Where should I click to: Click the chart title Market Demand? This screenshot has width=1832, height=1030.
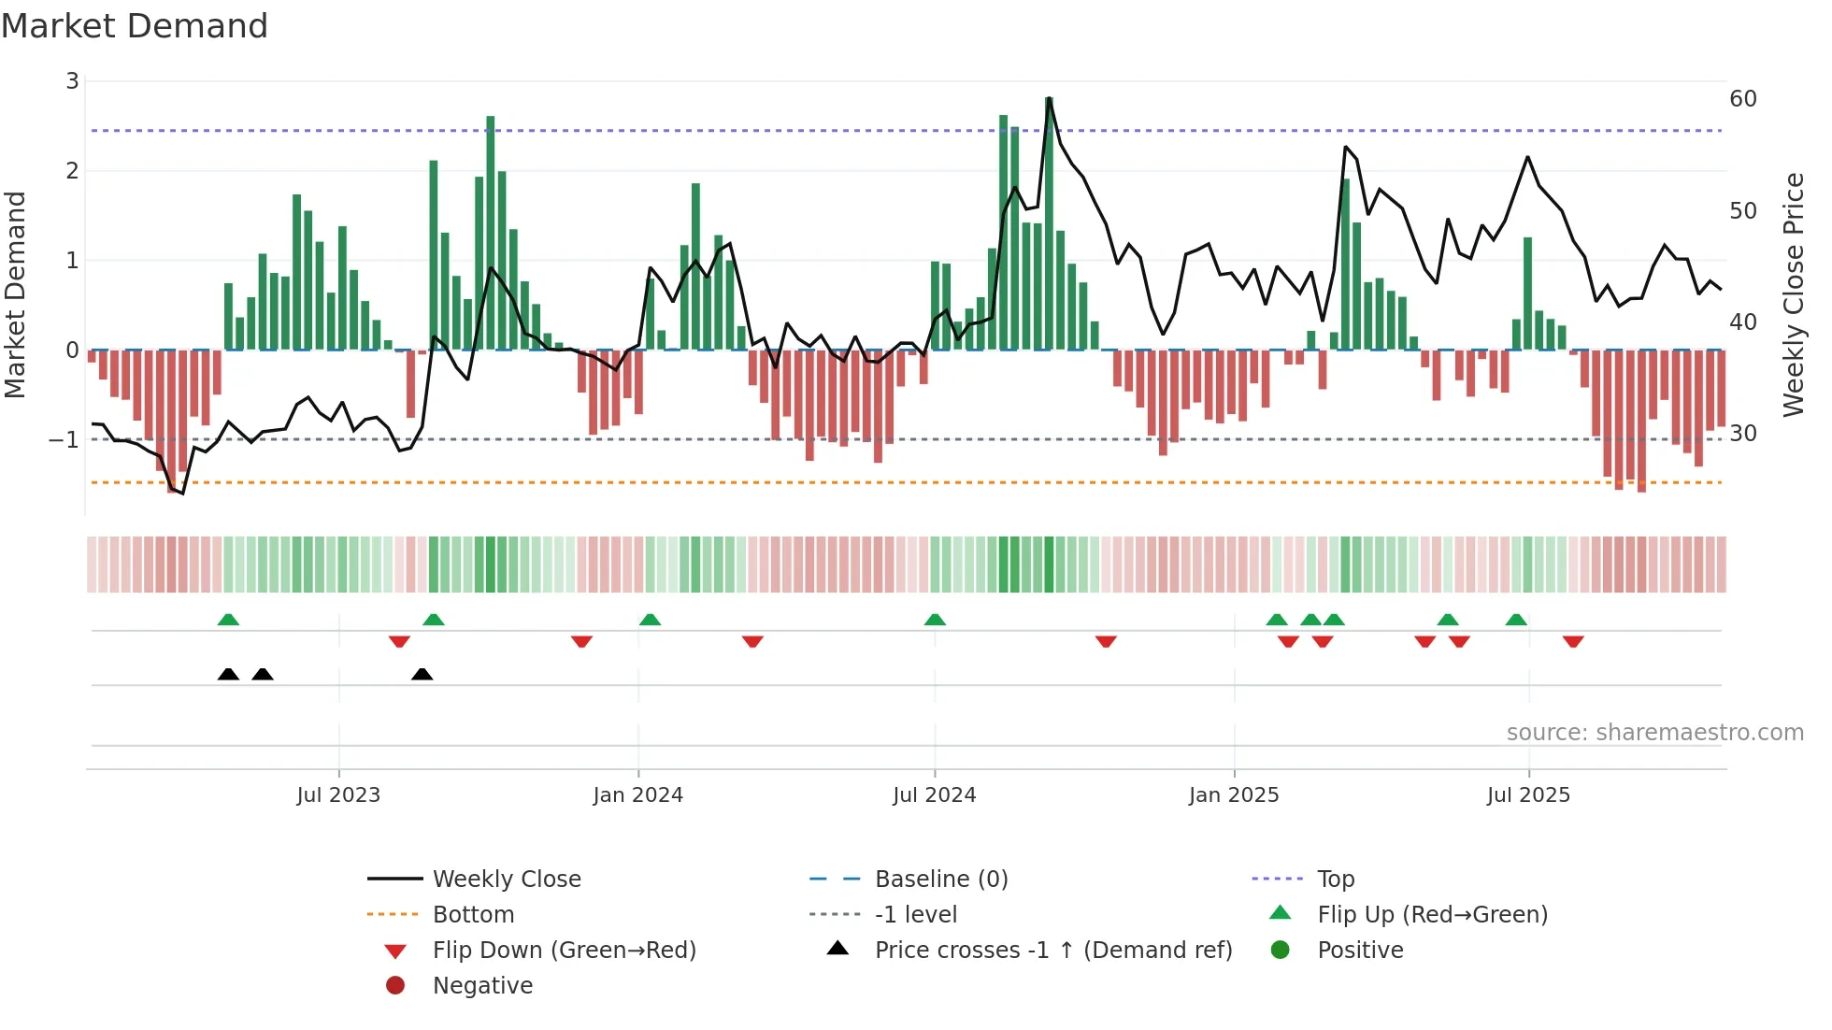(135, 26)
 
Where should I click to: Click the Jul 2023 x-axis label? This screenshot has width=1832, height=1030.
(338, 795)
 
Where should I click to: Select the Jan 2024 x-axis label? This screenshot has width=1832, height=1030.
(637, 795)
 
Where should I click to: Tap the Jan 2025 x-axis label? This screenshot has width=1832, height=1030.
(1234, 795)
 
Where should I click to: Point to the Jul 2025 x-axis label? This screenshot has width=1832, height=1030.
(1528, 795)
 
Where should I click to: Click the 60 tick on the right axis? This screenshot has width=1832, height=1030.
(1743, 99)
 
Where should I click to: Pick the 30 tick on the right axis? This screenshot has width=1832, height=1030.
(1743, 434)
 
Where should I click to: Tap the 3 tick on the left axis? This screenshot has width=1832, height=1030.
(72, 81)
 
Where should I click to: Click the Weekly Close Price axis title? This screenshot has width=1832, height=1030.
(1793, 294)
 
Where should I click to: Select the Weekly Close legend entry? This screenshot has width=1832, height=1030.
(506, 880)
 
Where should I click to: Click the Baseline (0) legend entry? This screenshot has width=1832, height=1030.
(940, 880)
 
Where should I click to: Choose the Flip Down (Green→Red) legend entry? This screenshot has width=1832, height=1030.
(564, 951)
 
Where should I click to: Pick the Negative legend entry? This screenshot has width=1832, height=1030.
(482, 986)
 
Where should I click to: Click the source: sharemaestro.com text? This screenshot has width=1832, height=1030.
(1654, 733)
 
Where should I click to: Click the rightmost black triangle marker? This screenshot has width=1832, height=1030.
(422, 675)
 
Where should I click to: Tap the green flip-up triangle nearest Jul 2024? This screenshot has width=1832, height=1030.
(935, 620)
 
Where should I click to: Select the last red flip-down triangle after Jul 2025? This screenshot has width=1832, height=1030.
(1573, 641)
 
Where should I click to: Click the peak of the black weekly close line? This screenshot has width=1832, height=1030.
(1050, 97)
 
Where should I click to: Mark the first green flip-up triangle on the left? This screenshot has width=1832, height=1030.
(228, 620)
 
